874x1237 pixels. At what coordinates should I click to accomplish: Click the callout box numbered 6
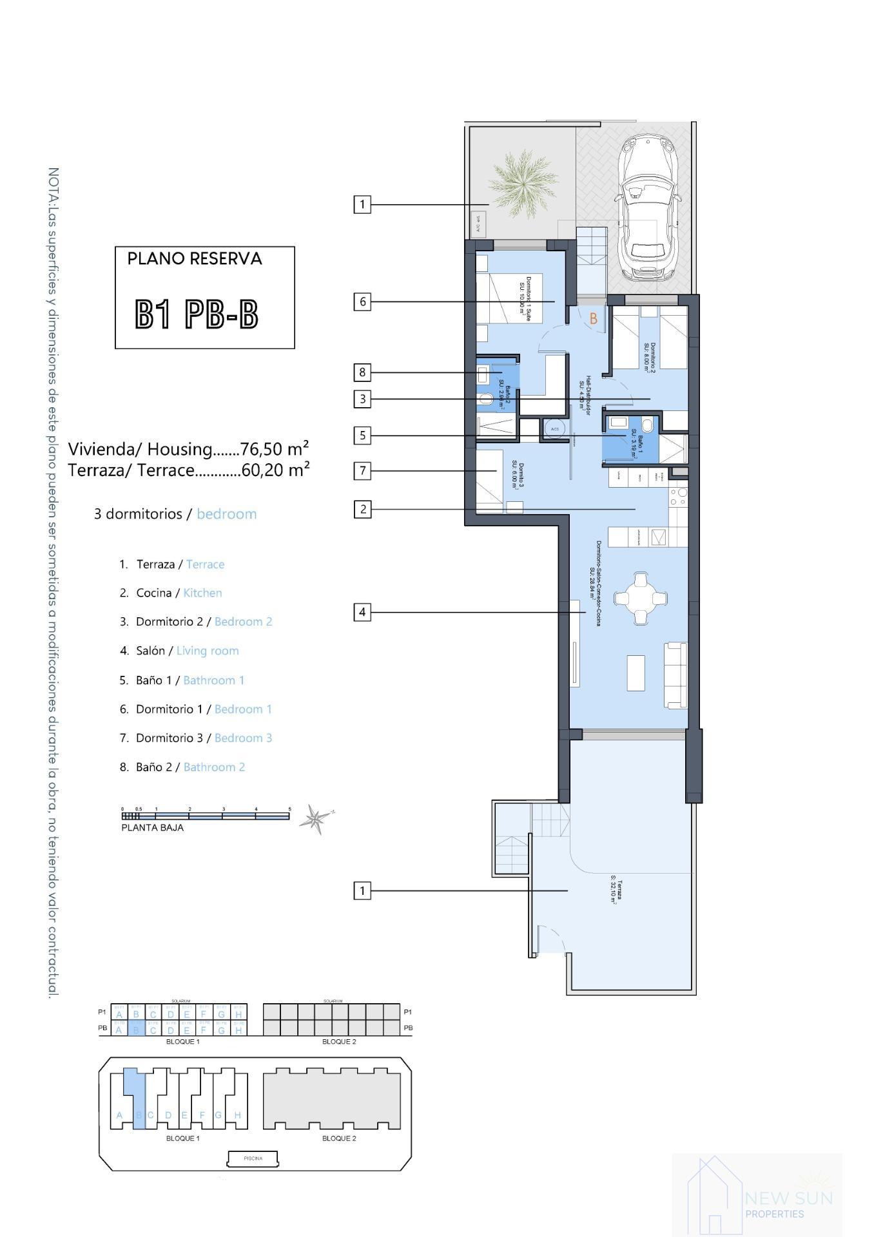tap(362, 302)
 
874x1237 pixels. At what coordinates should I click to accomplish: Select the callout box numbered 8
tap(362, 372)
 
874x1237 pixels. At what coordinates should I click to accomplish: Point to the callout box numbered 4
tap(362, 612)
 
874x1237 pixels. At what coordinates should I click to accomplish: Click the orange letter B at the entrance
tap(594, 318)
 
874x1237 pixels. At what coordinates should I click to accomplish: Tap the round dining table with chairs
tap(640, 599)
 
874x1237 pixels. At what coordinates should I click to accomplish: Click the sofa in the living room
tap(676, 674)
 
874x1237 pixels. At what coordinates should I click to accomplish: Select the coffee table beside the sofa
tap(636, 673)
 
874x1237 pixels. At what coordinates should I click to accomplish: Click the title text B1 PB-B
tap(197, 315)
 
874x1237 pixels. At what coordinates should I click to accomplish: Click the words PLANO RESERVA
tap(195, 259)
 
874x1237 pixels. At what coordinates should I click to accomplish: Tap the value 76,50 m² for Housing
tap(274, 448)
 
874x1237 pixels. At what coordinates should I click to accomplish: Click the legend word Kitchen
tap(202, 593)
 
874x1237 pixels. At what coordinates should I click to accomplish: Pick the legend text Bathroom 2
tap(214, 767)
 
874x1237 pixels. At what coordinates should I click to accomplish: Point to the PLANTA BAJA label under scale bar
tap(152, 828)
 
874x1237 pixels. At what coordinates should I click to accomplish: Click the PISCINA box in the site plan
tap(253, 1158)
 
